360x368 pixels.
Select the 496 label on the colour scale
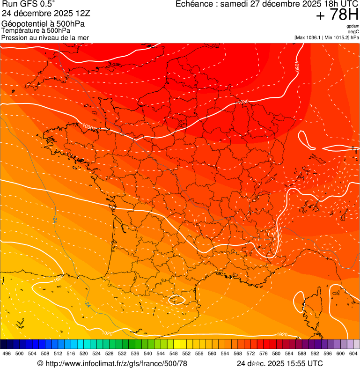[x=7, y=353]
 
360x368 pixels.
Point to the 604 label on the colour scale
[x=353, y=353]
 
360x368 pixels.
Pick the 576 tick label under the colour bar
[x=264, y=353]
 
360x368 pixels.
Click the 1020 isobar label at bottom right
[x=282, y=334]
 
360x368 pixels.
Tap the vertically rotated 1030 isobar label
[x=297, y=66]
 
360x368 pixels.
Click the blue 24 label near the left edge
[x=55, y=220]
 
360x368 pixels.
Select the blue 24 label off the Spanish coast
[x=88, y=304]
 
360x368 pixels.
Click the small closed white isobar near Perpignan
[x=177, y=299]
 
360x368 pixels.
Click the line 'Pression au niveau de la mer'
[x=45, y=37]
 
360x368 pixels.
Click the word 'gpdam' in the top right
[x=353, y=26]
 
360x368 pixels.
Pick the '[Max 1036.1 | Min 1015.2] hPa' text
[x=326, y=37]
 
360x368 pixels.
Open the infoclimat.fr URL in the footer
[x=112, y=363]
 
